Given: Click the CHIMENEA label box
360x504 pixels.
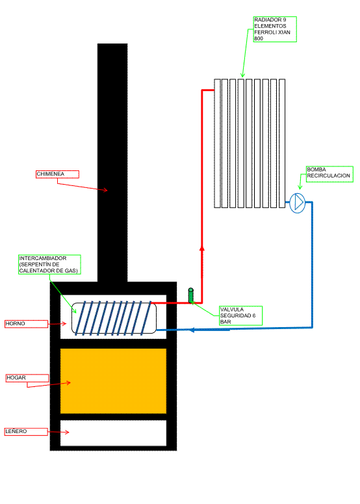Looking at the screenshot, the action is point(57,174).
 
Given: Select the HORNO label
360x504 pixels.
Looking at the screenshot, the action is point(27,324).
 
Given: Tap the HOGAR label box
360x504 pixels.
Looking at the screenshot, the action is point(28,378).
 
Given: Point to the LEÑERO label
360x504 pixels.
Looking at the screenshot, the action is point(26,432).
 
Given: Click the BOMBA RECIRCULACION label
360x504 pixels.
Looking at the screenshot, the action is point(329,174).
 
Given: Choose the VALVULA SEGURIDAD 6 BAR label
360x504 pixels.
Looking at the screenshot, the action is point(241,315).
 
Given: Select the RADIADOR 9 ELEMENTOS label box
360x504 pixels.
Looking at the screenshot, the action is point(275,29).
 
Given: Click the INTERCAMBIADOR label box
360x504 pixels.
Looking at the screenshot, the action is point(49,265).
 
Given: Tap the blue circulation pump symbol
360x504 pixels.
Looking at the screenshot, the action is point(298,203).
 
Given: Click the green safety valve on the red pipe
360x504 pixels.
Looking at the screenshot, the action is point(191,295).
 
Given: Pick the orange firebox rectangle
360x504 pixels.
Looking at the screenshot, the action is point(113,381).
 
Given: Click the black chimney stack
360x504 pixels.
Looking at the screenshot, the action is point(112,163).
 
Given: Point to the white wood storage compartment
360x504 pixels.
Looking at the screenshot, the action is point(113,433).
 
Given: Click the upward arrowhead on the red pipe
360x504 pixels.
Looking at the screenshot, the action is point(201,249).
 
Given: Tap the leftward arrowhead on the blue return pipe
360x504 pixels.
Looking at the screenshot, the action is point(192,330).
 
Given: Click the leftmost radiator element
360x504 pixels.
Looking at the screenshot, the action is point(217,143).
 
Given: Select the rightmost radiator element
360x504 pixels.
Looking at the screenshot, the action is point(282,143).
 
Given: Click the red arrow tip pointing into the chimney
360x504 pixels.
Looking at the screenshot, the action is point(107,191).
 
